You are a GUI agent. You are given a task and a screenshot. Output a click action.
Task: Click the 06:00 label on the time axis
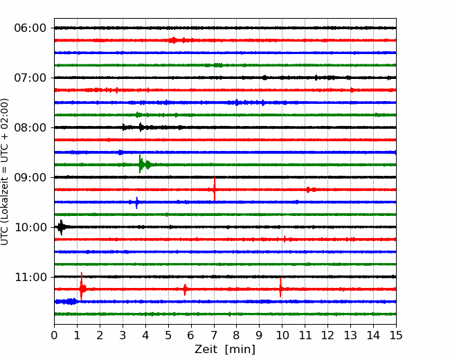pos(30,28)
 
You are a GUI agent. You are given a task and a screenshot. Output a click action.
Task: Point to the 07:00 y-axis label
pos(30,78)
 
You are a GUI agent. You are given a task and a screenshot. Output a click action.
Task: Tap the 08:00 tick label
pos(30,127)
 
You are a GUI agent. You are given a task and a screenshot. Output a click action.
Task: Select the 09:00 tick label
pos(30,177)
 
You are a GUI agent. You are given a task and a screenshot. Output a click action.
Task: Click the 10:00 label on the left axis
pos(30,227)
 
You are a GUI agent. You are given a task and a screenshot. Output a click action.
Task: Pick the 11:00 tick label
pos(30,277)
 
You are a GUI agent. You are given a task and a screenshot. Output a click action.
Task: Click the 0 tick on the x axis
pos(54,335)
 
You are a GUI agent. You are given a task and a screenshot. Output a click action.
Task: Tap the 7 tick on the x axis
pos(214,335)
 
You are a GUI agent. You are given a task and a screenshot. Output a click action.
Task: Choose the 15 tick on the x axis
pos(396,335)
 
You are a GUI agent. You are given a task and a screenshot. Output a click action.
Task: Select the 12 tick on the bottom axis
pos(327,335)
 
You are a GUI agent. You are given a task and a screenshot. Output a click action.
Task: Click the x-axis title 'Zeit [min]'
pos(225,350)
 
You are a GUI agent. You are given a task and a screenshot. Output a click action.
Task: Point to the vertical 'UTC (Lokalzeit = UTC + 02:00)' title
pos(5,172)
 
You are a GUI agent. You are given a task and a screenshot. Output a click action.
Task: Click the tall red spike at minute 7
pos(215,189)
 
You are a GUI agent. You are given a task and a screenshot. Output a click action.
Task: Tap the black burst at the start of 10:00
pos(61,227)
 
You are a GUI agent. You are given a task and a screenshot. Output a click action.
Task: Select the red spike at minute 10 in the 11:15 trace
pos(280,288)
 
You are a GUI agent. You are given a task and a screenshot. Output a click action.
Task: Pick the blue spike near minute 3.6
pos(136,202)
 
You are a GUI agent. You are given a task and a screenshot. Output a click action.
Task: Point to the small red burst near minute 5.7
pos(185,289)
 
